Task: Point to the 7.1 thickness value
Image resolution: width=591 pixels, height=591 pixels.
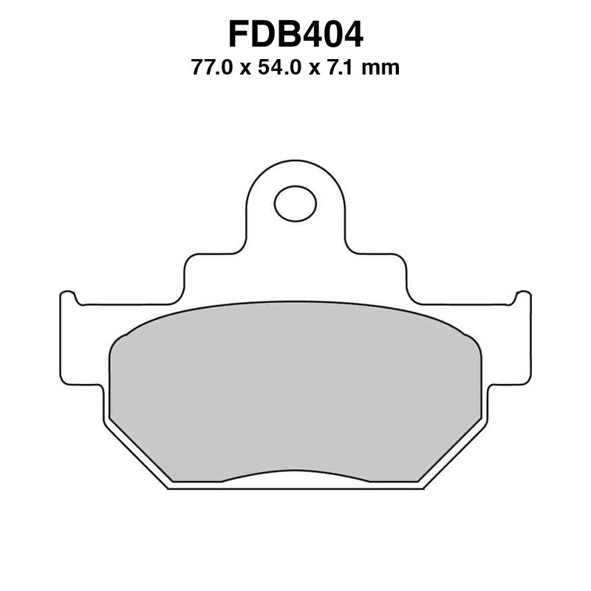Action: point(354,69)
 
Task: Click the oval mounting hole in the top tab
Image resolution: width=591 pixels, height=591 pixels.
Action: point(295,203)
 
